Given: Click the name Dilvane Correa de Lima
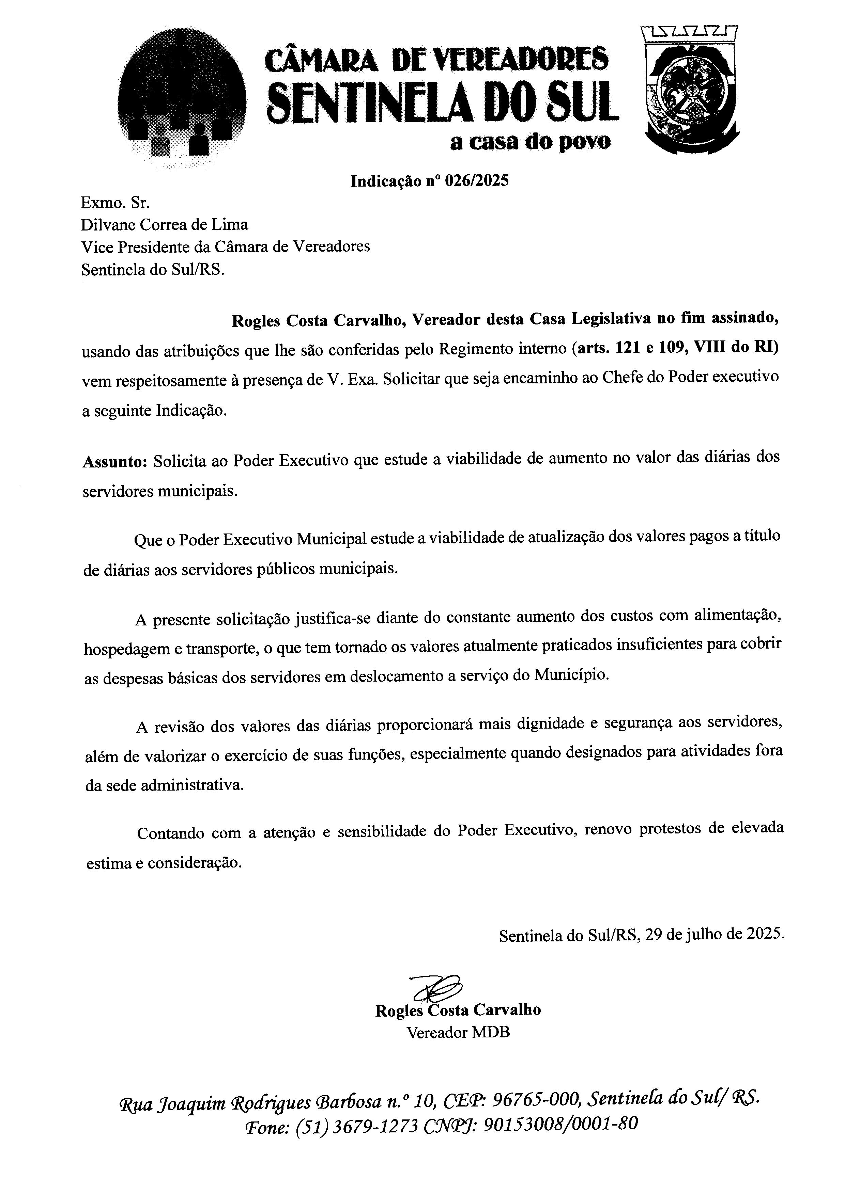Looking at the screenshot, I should point(165,225).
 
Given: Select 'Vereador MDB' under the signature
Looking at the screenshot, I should point(458,1032).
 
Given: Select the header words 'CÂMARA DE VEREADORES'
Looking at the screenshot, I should point(436,60).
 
